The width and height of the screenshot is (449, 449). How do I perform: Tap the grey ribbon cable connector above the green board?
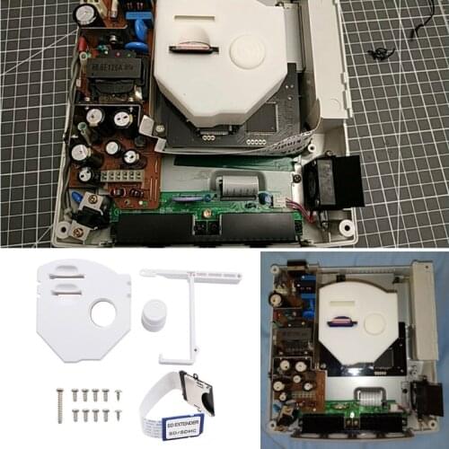pos(236,187)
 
